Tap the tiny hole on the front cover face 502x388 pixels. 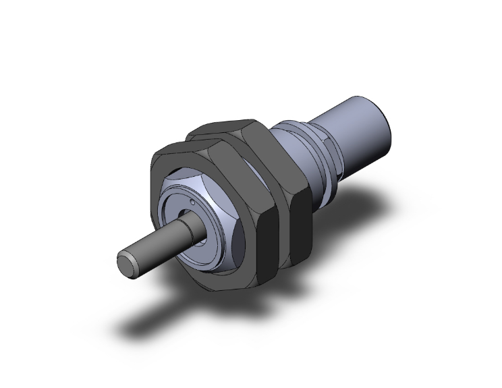point(193,201)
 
